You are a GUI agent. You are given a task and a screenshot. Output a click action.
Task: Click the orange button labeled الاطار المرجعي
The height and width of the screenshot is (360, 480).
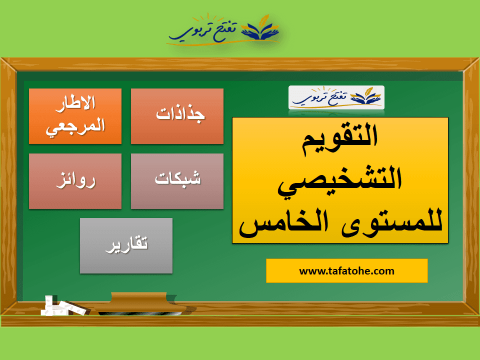[75, 116]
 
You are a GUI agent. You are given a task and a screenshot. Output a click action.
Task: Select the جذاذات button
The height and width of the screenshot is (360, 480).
[177, 116]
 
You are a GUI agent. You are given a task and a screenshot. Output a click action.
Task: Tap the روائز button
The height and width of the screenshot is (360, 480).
[75, 181]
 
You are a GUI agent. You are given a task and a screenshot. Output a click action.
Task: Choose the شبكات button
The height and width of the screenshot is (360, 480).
[177, 181]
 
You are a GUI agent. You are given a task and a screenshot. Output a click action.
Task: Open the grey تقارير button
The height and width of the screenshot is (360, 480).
[126, 246]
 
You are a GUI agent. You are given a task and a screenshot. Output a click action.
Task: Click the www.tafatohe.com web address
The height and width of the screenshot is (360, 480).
[346, 271]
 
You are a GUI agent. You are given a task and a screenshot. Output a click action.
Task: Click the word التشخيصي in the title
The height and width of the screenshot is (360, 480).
[340, 181]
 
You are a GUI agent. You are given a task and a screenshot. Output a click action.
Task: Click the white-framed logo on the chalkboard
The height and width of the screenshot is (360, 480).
[336, 97]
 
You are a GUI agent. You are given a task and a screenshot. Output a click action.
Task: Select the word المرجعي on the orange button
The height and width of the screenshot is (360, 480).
[75, 127]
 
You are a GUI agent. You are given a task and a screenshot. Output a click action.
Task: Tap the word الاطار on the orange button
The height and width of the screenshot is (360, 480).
[75, 103]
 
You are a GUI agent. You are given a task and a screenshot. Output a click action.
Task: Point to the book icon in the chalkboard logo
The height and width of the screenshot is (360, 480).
[365, 95]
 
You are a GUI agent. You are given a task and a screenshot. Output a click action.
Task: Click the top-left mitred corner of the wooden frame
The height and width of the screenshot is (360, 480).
[1, 58]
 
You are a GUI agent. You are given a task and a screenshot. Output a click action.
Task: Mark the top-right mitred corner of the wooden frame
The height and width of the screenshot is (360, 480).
[478, 58]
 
